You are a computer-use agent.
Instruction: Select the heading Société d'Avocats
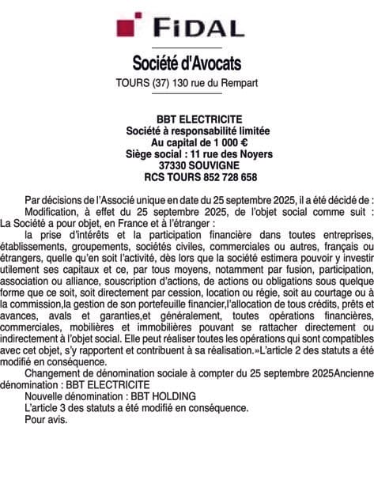pos(187,62)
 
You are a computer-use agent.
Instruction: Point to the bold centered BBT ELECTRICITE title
pos(187,119)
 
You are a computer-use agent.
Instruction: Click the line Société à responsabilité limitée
pos(187,130)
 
